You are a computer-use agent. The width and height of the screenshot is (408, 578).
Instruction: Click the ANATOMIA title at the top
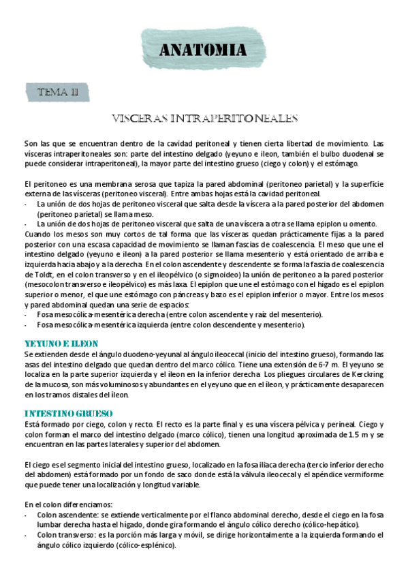click(x=203, y=50)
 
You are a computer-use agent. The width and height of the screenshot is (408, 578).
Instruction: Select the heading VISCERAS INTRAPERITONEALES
click(x=206, y=119)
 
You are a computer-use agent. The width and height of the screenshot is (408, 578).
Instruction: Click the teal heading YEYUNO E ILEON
click(x=61, y=344)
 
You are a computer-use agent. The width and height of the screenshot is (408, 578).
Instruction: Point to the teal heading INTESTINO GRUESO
click(x=68, y=414)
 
